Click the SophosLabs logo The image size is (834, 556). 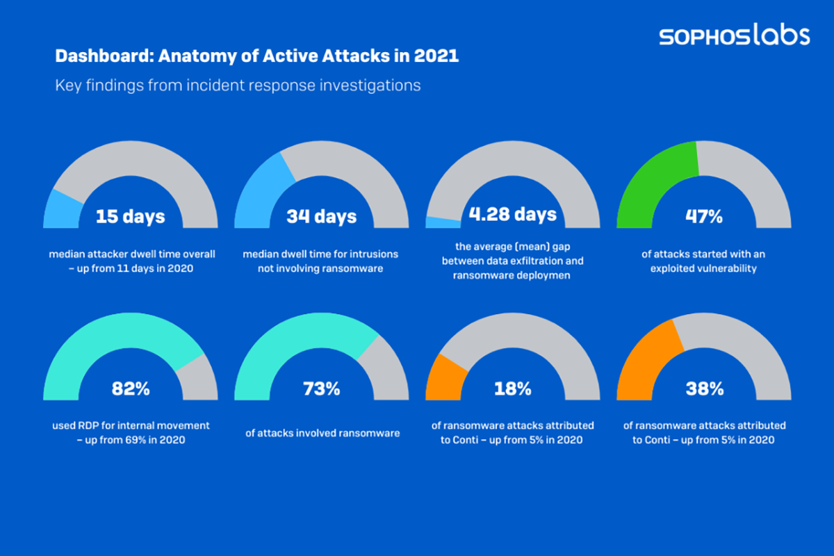(735, 35)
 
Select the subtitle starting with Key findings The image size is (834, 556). (238, 86)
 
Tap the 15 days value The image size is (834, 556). (130, 216)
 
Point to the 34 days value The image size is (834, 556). (321, 216)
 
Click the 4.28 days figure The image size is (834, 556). (512, 213)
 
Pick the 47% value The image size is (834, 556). (703, 216)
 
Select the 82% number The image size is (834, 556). (130, 389)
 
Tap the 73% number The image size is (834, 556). (321, 389)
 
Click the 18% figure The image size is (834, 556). (512, 389)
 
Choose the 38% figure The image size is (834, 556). (703, 389)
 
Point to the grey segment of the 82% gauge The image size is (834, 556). (198, 379)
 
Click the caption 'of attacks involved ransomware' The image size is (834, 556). (322, 433)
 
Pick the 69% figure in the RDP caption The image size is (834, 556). (136, 440)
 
